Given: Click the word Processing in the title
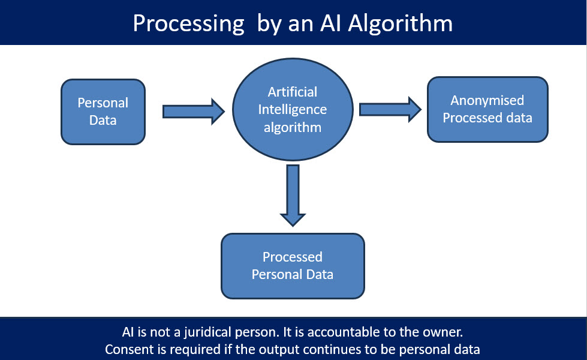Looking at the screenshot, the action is pos(189,24).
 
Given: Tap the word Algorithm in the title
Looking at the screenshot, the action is pos(400,24).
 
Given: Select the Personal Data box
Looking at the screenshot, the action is pos(103,112).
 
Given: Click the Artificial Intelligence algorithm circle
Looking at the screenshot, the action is pos(293,109).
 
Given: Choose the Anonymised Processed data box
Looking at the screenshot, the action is pos(487,109).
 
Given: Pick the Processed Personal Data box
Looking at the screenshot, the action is pos(293,266).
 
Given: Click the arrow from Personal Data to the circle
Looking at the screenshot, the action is pos(194,112).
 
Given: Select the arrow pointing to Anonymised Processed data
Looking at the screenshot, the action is pos(390,109).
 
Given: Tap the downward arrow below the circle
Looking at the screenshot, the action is pos(293,196).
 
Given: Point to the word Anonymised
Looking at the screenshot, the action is pos(487,100).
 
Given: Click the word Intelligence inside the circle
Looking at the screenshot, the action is pos(293,110).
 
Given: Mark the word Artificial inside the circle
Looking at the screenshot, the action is pos(293,92).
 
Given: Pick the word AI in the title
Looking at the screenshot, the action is pos(330,23).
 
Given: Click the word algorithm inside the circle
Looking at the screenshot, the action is pos(293,128).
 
